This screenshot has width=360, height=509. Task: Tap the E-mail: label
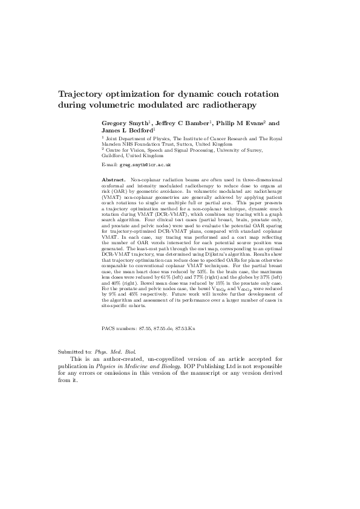(109, 164)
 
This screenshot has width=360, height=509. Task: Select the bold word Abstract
(113, 180)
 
